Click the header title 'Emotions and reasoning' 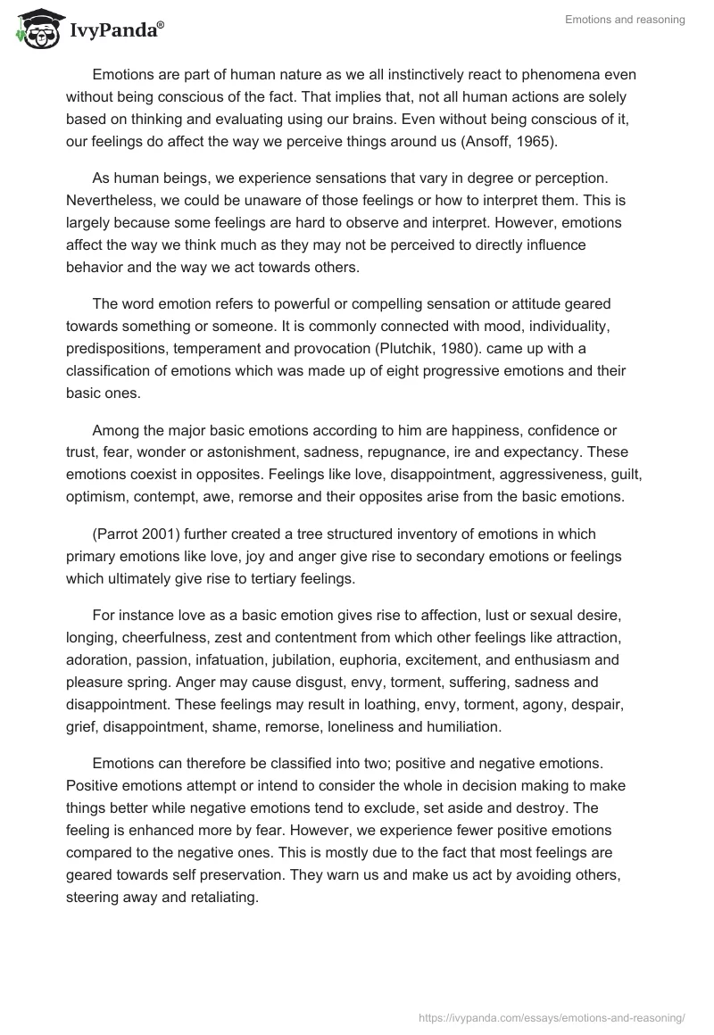coord(625,20)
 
